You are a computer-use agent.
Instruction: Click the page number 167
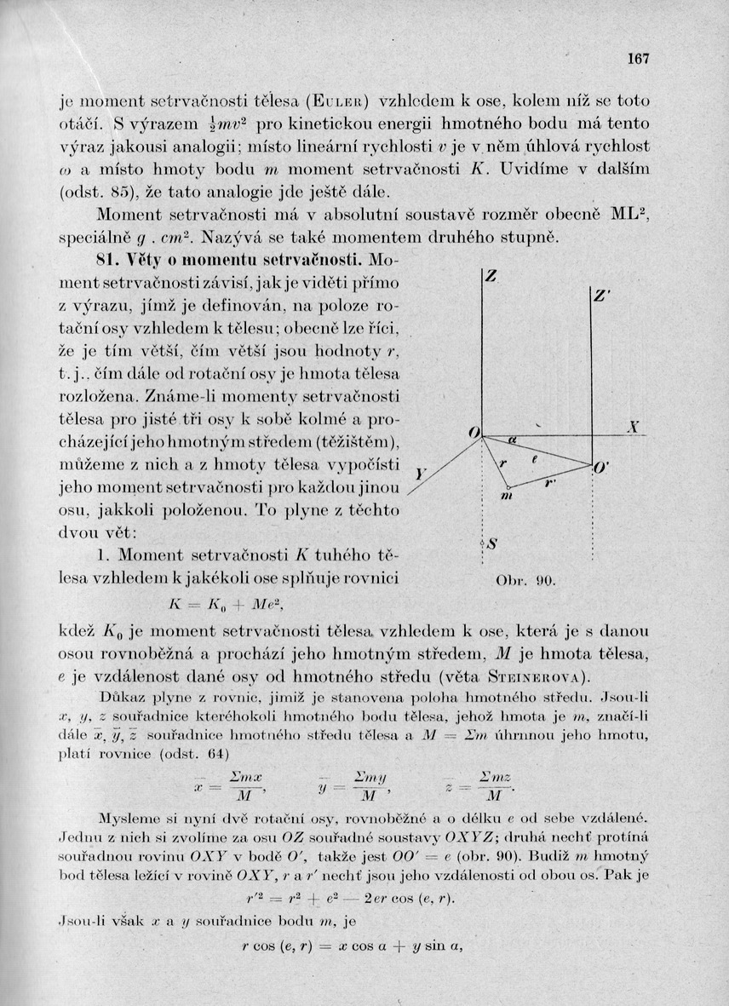tap(638, 59)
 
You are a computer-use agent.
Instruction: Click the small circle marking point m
tap(508, 486)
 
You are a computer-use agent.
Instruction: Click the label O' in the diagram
tap(601, 467)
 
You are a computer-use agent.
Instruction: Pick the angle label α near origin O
tap(512, 440)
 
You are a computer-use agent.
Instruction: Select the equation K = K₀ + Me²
tap(226, 605)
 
